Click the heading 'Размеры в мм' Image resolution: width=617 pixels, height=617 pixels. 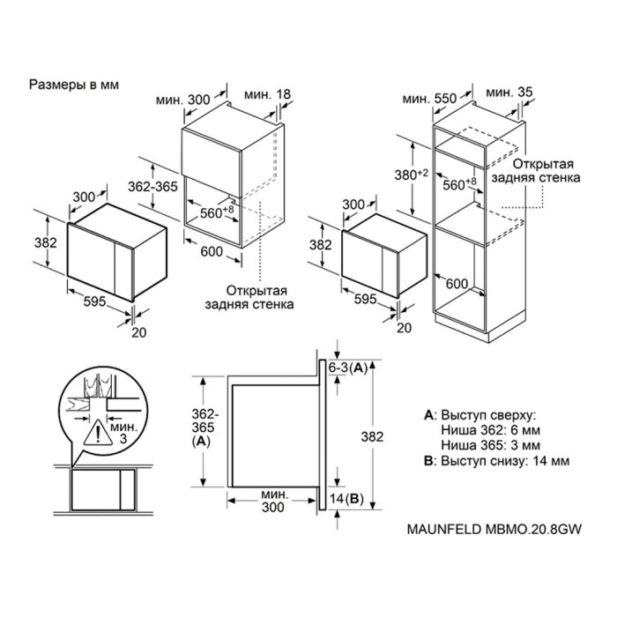tap(73, 85)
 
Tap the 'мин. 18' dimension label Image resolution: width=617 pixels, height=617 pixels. tap(267, 94)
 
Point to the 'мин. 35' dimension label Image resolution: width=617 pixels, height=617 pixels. tap(509, 93)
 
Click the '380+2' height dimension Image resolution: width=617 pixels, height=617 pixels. tap(412, 174)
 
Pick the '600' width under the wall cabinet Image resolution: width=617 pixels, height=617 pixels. tap(212, 251)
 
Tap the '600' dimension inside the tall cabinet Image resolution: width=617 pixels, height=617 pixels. tap(457, 284)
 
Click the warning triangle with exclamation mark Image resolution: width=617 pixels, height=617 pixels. tap(98, 432)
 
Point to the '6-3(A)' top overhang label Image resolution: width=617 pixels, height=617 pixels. tap(348, 368)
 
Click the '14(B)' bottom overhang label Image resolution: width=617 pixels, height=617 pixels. tap(346, 499)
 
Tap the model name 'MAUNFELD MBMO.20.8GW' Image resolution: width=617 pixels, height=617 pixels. tap(494, 529)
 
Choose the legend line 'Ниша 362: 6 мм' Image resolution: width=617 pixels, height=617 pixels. tap(490, 430)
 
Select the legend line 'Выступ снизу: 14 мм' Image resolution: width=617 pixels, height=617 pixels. tap(505, 461)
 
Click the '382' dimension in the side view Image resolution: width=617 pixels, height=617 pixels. tap(372, 437)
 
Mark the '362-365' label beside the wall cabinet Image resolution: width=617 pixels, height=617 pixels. tap(153, 186)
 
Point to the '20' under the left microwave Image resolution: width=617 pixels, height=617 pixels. tap(139, 332)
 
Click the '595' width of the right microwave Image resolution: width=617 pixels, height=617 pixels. tap(366, 300)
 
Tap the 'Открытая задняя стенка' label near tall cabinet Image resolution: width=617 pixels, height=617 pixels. tap(536, 171)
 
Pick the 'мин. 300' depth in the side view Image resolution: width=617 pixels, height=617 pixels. tap(273, 501)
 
